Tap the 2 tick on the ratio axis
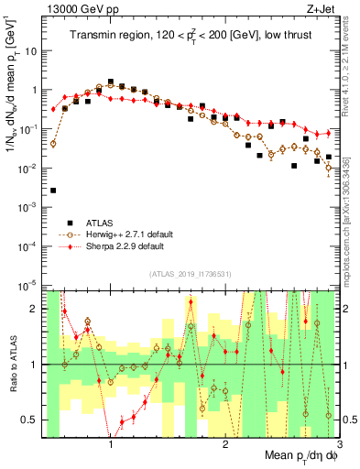point(37,309)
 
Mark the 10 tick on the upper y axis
point(32,51)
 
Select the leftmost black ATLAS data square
point(53,191)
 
